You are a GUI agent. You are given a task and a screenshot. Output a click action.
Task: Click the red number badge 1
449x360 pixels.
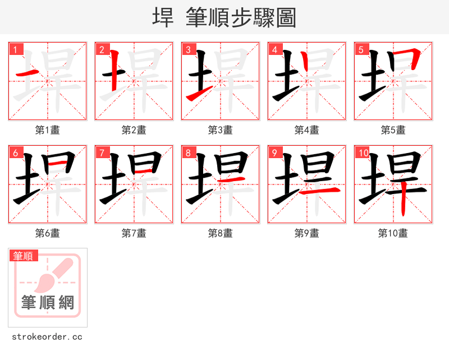tap(15, 49)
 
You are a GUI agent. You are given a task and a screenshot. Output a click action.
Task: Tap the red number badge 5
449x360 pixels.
tap(360, 49)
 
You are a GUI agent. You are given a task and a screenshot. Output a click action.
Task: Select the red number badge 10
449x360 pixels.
tap(363, 153)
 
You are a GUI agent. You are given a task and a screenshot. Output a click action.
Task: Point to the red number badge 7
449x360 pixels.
tap(101, 153)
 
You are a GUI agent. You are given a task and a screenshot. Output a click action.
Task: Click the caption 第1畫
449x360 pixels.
tap(48, 130)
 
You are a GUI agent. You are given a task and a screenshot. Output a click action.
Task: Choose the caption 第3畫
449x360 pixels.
tap(221, 130)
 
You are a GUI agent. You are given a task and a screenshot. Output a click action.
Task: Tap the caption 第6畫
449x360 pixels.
tap(48, 233)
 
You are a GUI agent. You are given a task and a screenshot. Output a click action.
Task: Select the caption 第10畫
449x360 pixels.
tap(393, 233)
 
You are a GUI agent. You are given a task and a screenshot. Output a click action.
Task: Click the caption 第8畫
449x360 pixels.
tap(221, 233)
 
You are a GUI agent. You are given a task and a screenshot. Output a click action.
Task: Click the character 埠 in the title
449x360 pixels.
tap(163, 17)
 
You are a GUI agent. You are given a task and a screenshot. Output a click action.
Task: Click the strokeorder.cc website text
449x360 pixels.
tap(47, 337)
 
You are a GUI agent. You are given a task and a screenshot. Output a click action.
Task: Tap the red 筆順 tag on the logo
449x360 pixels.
tap(24, 256)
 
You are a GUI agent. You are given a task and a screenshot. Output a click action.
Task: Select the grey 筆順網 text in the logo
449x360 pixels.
tap(48, 303)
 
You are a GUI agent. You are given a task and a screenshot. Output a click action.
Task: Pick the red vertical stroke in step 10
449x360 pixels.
tap(404, 202)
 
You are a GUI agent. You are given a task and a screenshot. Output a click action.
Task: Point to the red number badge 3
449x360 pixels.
tap(187, 49)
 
